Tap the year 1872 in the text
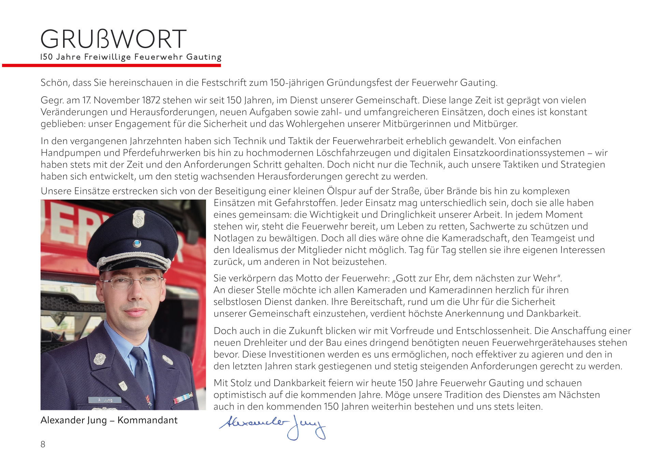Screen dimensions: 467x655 pos(151,100)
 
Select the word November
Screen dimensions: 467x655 pos(116,100)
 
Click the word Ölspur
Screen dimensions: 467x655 pos(342,191)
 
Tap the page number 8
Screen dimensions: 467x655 pos(43,444)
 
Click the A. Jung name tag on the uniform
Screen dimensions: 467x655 pos(105,400)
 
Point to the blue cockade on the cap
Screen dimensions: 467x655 pos(137,243)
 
